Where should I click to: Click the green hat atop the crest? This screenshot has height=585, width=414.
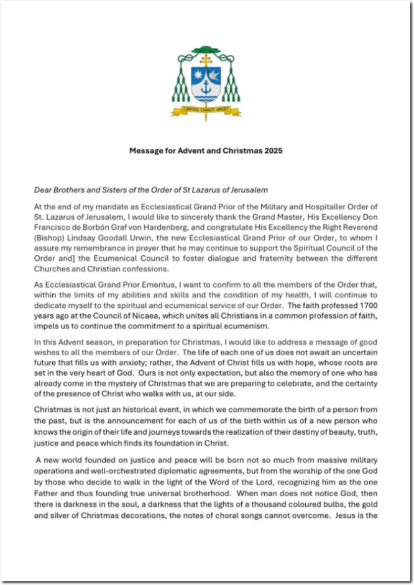click(x=206, y=50)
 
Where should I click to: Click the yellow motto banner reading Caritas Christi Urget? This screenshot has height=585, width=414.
click(x=206, y=111)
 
